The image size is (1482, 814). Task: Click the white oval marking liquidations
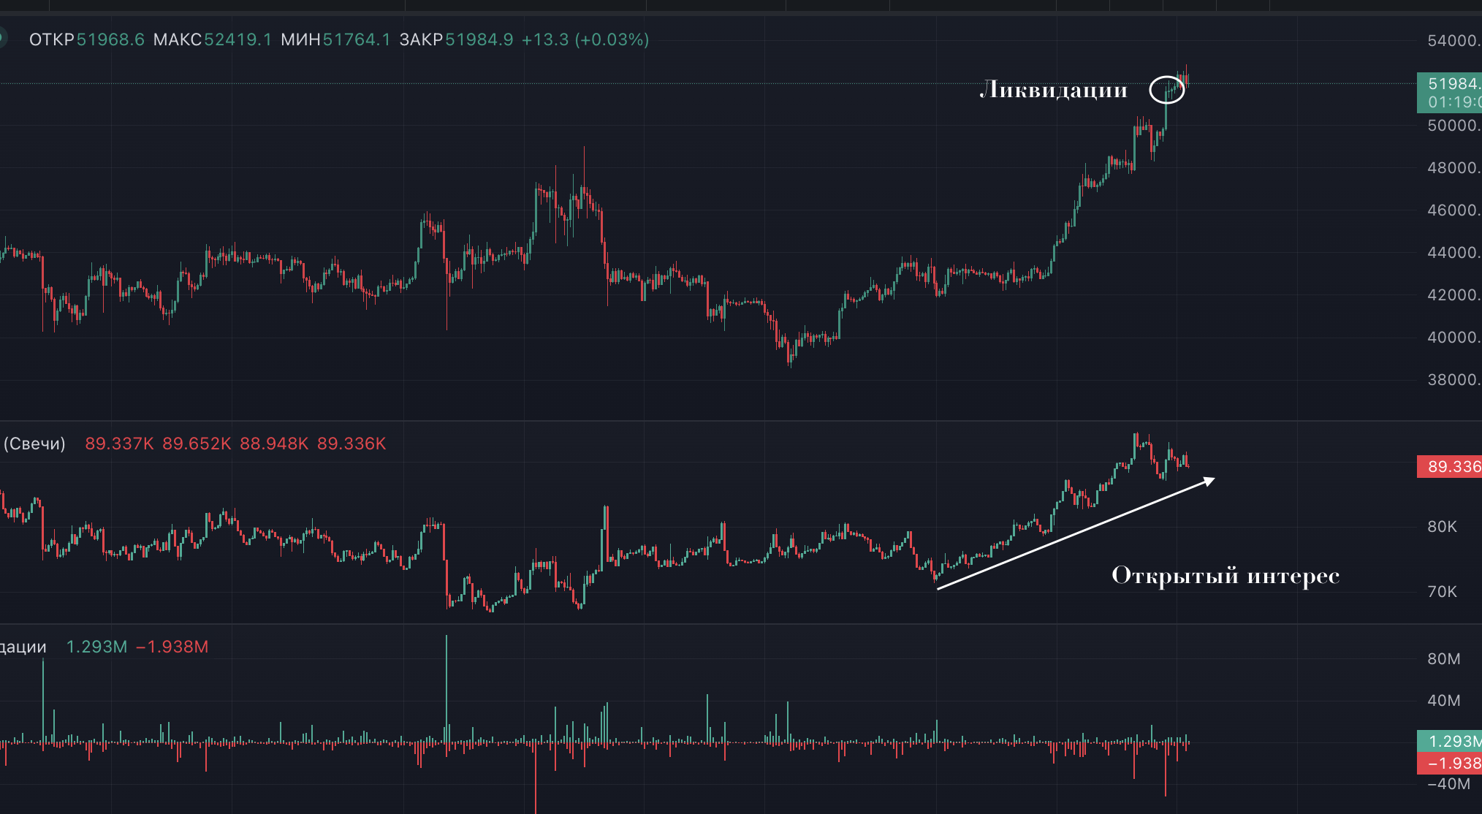[x=1166, y=90]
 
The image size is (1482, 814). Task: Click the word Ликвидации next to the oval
[x=1053, y=90]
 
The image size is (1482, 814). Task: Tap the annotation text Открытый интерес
[x=1225, y=576]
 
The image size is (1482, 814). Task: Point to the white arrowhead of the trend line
[x=1209, y=481]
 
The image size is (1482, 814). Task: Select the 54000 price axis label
[x=1453, y=41]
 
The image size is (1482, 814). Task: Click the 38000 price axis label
[x=1453, y=380]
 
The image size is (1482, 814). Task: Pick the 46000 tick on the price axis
[x=1453, y=210]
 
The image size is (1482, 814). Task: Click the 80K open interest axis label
[x=1443, y=527]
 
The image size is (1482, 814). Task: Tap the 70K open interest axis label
[x=1443, y=592]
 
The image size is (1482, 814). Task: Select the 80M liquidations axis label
[x=1444, y=659]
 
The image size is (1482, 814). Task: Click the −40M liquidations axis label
[x=1448, y=784]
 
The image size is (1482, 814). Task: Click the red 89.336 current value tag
[x=1450, y=467]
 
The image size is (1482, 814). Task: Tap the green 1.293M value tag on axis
[x=1450, y=741]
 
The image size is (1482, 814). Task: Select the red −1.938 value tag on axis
[x=1450, y=764]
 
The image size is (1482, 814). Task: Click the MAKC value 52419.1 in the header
[x=237, y=39]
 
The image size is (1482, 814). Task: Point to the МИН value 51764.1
[x=357, y=39]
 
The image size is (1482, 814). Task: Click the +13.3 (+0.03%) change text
[x=585, y=39]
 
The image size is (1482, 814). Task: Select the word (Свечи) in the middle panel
[x=34, y=444]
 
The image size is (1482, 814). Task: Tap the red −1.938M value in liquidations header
[x=172, y=647]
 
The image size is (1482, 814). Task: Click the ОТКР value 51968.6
[x=110, y=39]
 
